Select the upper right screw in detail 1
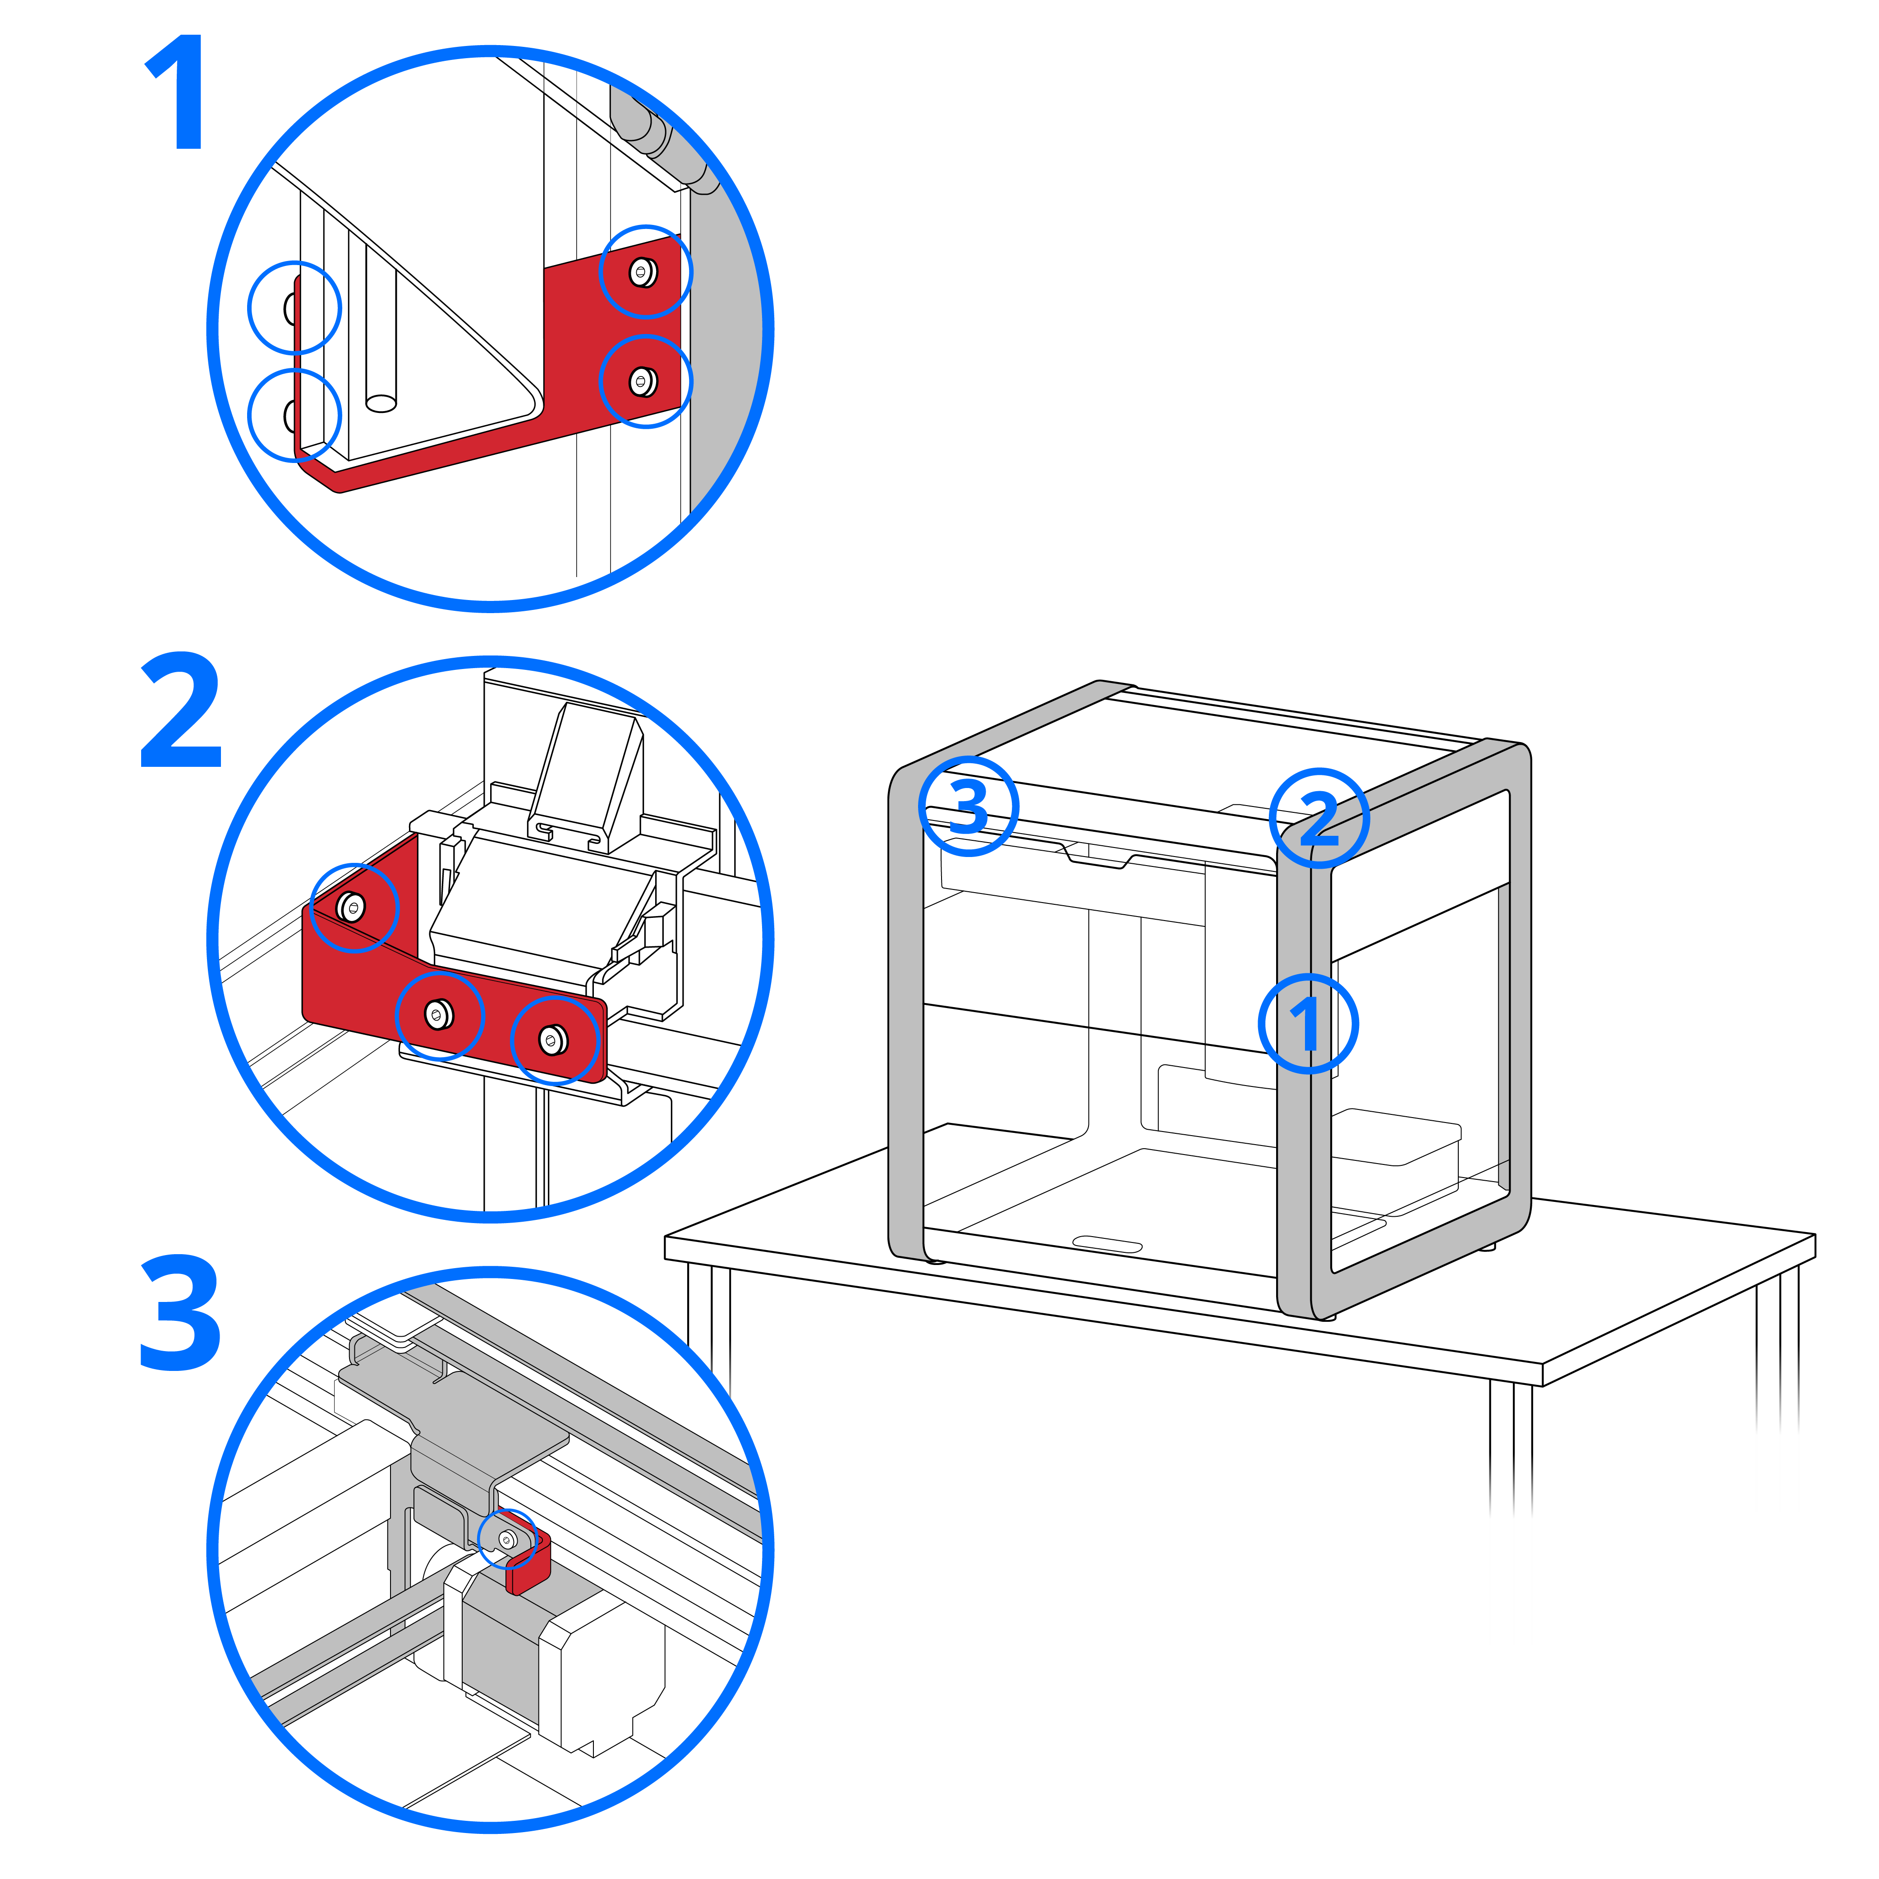tap(642, 271)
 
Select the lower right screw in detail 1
tap(642, 381)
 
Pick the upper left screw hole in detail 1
tap(291, 308)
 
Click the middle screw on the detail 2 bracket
tap(438, 1014)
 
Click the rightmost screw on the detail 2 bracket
tap(552, 1040)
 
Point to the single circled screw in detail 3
tap(507, 1539)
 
